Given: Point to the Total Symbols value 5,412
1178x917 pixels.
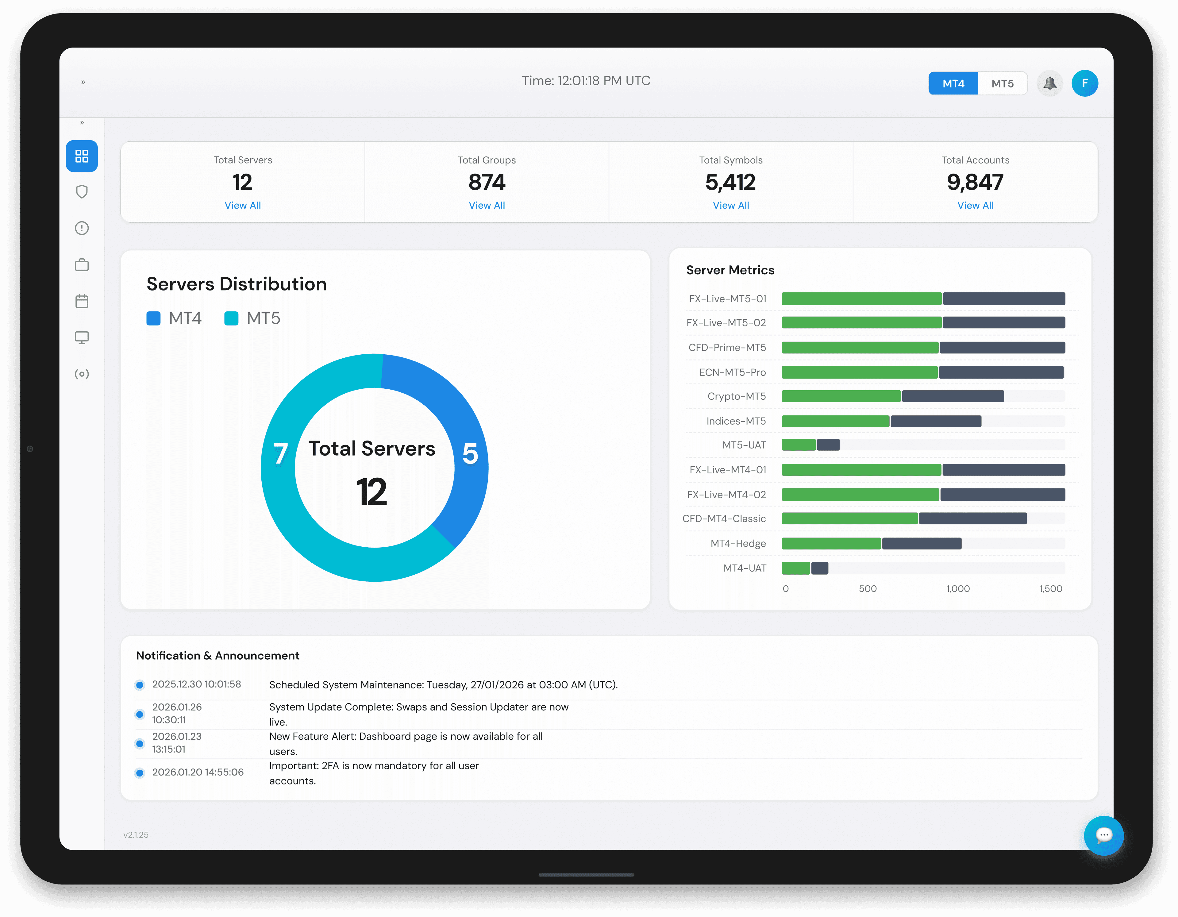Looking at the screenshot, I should click(730, 182).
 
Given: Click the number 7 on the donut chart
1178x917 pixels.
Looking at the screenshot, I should click(280, 454).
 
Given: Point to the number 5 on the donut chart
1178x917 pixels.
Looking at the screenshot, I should click(470, 454).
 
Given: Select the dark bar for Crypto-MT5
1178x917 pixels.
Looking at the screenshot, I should click(953, 396).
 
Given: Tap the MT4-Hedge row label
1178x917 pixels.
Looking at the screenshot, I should click(738, 544).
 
